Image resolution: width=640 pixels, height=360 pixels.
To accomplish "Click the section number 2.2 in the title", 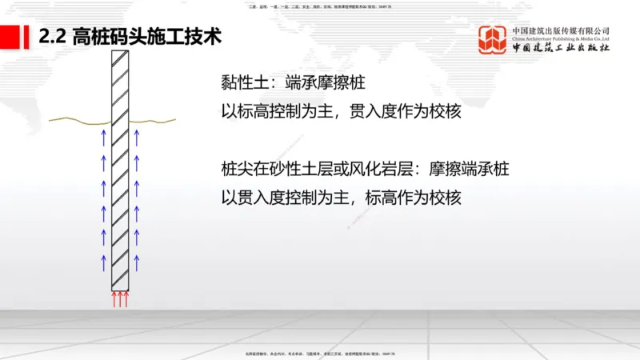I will click(x=53, y=37).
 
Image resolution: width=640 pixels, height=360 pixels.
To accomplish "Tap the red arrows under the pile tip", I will click(x=119, y=299).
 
